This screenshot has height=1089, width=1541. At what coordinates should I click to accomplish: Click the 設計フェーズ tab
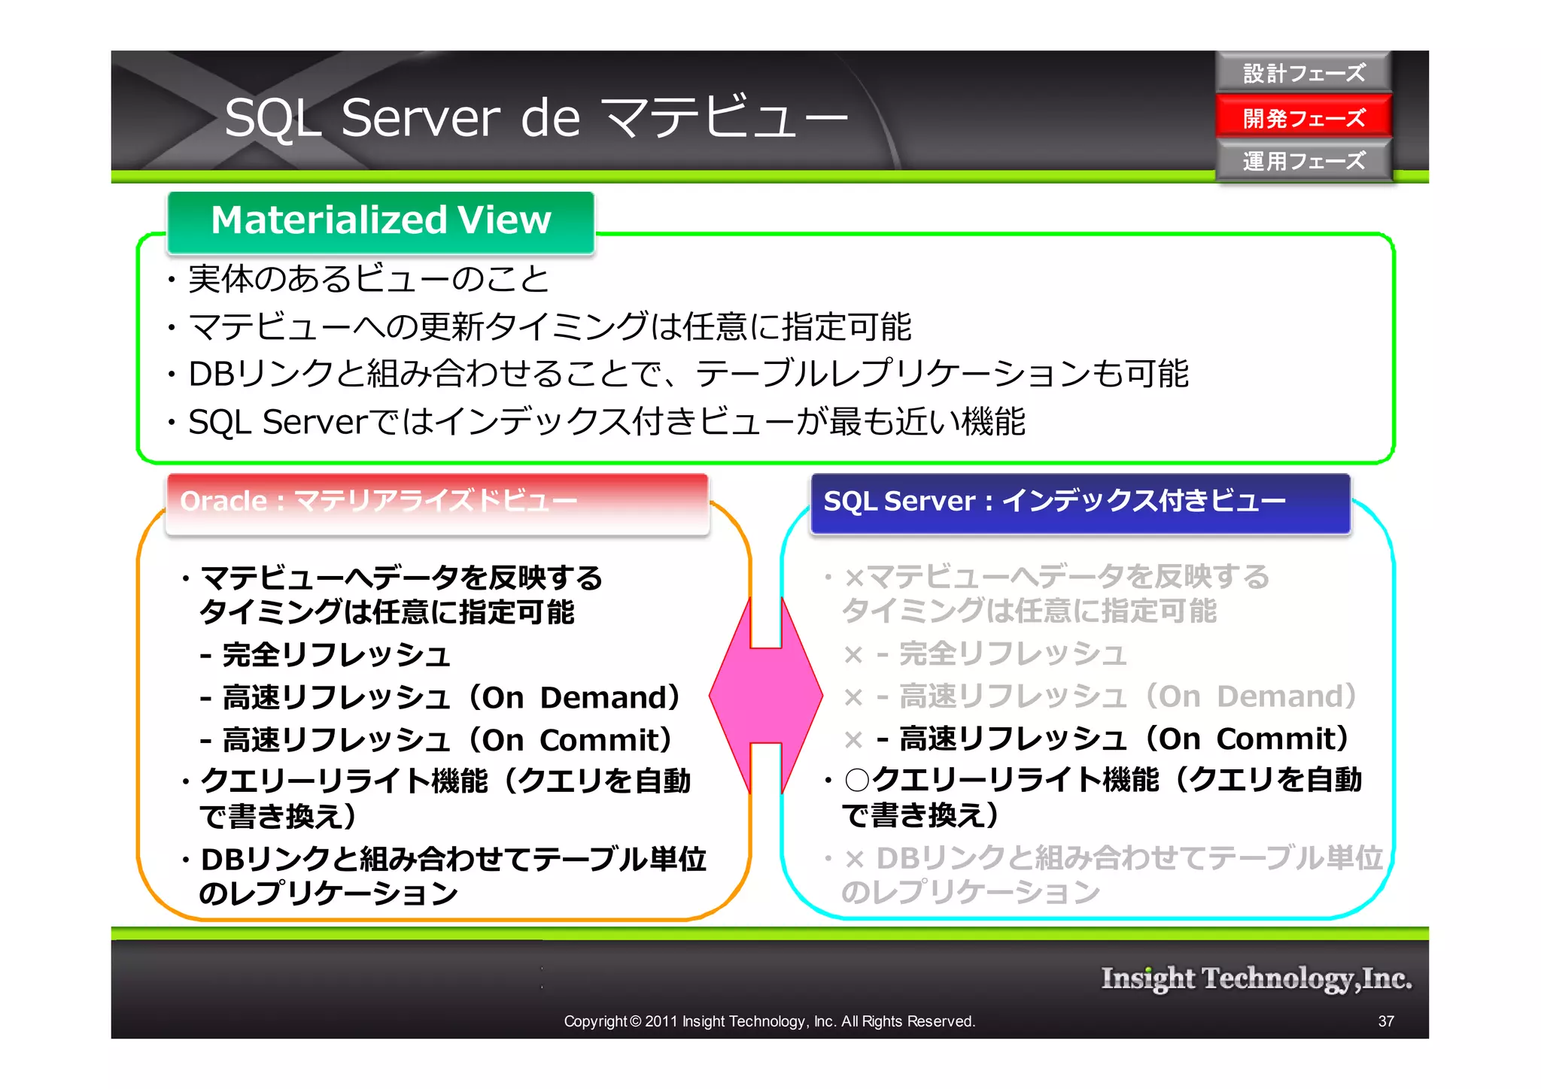tap(1303, 73)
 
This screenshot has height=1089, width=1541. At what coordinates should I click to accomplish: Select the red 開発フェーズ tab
tap(1303, 117)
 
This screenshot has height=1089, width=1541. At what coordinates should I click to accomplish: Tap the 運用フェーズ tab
tap(1303, 160)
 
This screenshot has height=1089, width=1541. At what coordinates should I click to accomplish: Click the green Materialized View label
tap(381, 220)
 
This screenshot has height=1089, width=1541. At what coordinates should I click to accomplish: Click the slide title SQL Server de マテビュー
tap(536, 118)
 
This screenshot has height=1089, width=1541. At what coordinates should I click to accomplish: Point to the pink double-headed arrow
tap(766, 696)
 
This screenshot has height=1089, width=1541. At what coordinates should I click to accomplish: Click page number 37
tap(1386, 1021)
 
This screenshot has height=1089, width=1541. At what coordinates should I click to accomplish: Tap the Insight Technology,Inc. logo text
tap(1255, 978)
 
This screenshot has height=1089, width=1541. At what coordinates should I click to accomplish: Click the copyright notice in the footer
tap(769, 1021)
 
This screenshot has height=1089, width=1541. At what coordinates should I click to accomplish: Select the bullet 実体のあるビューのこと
tap(369, 279)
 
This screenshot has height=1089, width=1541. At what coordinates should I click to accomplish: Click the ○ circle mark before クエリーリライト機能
tap(857, 780)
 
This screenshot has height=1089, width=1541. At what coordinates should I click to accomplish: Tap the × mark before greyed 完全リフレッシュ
tap(853, 655)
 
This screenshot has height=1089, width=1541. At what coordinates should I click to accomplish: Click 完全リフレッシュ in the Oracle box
tap(336, 655)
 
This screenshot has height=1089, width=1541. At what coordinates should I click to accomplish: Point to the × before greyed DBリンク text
tap(853, 859)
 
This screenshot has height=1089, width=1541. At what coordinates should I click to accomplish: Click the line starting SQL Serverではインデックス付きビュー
tap(606, 422)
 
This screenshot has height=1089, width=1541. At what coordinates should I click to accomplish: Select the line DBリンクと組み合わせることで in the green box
tap(688, 374)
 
